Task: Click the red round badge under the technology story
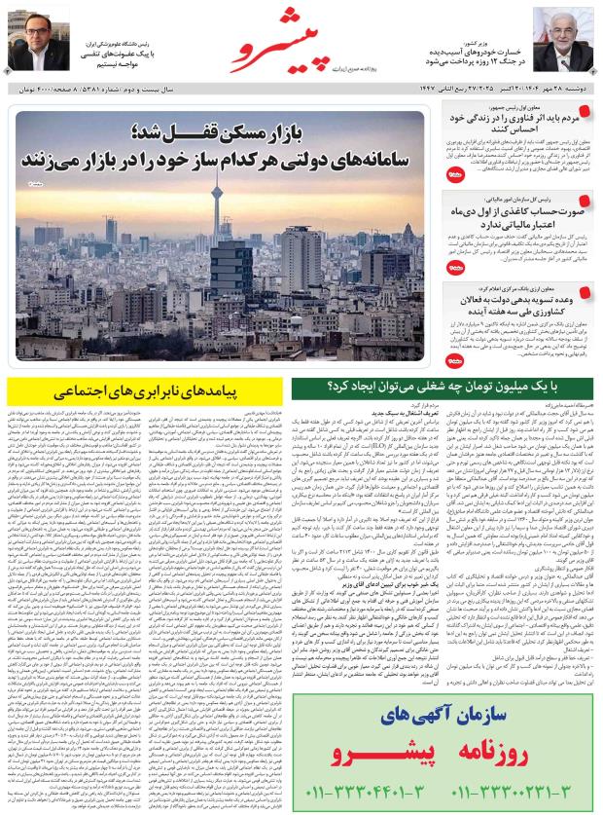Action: pyautogui.click(x=457, y=176)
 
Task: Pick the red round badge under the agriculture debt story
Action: pyautogui.click(x=457, y=361)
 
